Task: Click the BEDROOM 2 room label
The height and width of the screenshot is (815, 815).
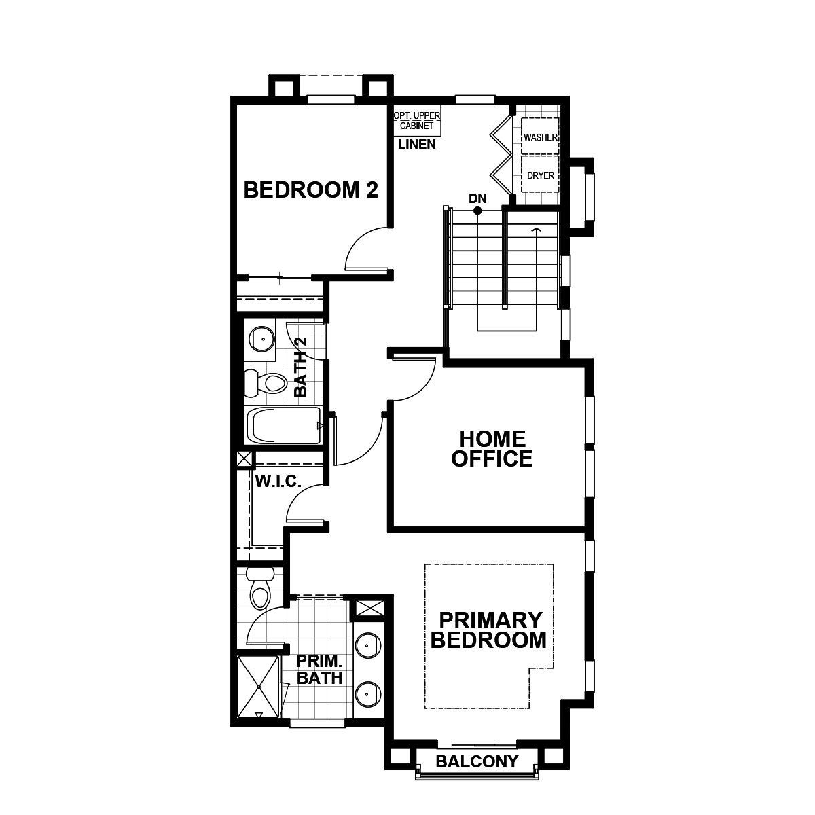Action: tap(310, 190)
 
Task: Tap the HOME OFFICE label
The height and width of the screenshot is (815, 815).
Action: tap(492, 449)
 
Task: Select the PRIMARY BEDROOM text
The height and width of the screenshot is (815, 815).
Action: tap(488, 630)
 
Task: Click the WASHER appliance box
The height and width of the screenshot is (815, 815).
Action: tap(540, 136)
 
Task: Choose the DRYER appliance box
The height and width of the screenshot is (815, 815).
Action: tap(540, 174)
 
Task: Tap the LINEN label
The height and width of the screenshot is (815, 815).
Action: tap(416, 144)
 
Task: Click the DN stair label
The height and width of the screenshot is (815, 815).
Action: tap(477, 198)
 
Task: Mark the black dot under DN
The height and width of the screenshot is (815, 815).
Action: tap(477, 210)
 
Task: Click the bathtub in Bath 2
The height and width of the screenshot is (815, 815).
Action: tap(283, 425)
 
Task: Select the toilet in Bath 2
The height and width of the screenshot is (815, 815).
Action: tap(266, 383)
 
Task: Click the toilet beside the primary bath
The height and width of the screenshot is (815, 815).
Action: tap(259, 587)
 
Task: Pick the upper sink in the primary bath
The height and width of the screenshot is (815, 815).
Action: tap(368, 646)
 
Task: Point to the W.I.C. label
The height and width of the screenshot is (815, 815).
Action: tap(278, 482)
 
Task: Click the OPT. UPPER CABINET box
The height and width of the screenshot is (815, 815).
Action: tap(417, 120)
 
